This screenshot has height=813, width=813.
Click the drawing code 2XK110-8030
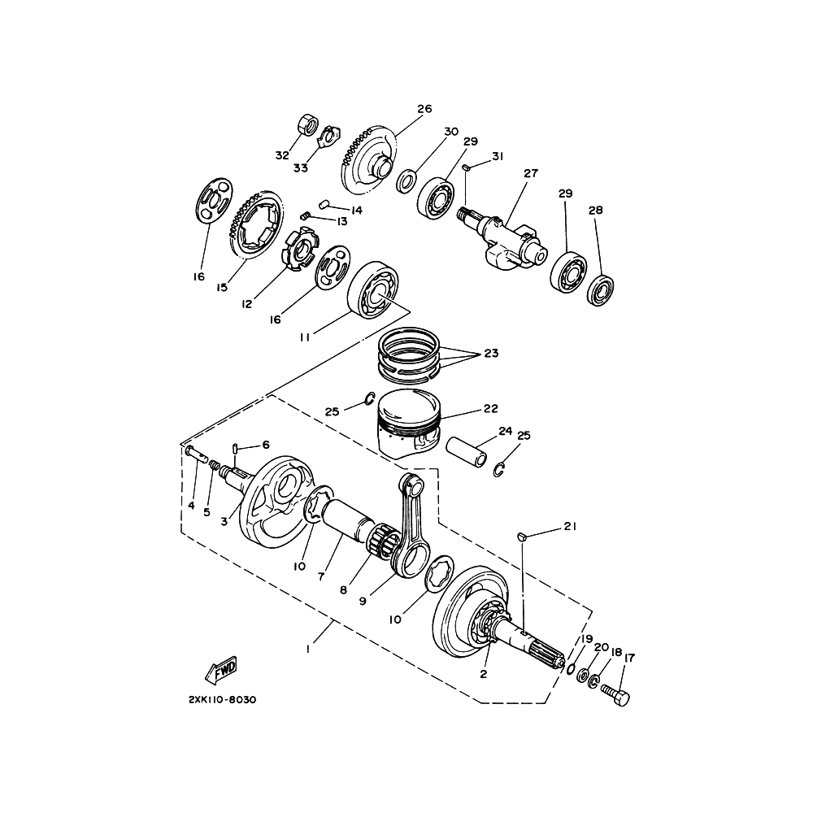point(223,699)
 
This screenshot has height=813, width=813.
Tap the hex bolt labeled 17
point(615,693)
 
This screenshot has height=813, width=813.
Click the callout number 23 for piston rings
point(491,353)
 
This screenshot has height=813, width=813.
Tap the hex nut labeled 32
point(309,125)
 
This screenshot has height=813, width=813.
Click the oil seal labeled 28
point(601,291)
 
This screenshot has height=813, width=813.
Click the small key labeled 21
point(523,536)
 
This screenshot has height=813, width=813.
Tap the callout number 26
point(424,109)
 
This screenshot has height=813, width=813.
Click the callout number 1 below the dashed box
point(308,649)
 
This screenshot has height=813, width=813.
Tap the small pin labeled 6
point(235,447)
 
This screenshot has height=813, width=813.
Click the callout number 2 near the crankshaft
point(483,674)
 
